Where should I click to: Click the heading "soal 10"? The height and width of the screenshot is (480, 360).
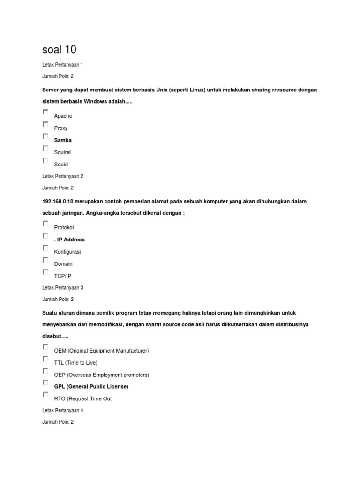coord(59,49)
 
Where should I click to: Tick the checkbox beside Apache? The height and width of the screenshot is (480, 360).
coord(45,112)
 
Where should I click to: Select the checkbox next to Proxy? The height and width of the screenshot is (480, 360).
coord(45,124)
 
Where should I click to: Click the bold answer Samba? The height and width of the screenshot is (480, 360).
coord(63,140)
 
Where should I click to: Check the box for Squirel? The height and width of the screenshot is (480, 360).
coord(45,149)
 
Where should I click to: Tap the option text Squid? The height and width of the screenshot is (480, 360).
coord(61,165)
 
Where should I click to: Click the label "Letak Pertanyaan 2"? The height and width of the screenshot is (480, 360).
coord(62,176)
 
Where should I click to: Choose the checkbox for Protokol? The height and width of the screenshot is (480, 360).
coord(45,224)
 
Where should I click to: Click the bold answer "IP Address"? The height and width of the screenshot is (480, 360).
coord(71,240)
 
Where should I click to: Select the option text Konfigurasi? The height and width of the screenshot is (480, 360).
coord(67,252)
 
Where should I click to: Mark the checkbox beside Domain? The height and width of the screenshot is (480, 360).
coord(45,260)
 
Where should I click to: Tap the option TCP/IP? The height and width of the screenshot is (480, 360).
coord(62,276)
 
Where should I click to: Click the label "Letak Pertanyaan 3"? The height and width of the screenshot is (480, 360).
coord(62,287)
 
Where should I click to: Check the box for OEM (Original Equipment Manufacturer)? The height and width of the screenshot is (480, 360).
coord(45,347)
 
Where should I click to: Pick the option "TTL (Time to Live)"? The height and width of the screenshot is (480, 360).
coord(76,363)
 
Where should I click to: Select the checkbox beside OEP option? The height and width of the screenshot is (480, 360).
coord(45,371)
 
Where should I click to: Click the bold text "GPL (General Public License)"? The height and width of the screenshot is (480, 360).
coord(91,387)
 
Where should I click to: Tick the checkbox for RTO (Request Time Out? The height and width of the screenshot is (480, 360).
coord(45,395)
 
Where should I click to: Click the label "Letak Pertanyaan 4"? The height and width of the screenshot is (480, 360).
coord(62,410)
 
